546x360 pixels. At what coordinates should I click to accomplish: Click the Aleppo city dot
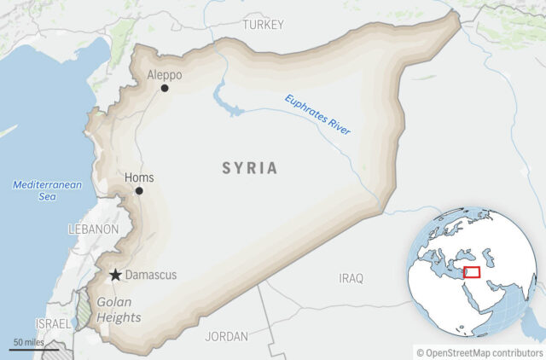pyautogui.click(x=165, y=88)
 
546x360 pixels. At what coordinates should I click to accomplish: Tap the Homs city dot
pyautogui.click(x=139, y=190)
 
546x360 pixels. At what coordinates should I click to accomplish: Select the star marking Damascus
pyautogui.click(x=115, y=275)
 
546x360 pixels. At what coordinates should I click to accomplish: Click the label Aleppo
pyautogui.click(x=164, y=74)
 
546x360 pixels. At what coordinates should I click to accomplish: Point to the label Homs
pyautogui.click(x=139, y=177)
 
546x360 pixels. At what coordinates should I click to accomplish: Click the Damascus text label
pyautogui.click(x=151, y=276)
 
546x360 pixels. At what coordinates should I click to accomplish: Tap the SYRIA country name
pyautogui.click(x=250, y=168)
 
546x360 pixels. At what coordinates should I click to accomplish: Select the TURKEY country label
pyautogui.click(x=262, y=25)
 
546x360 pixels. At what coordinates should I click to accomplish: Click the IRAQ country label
pyautogui.click(x=351, y=278)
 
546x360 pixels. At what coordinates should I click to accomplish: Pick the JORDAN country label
pyautogui.click(x=226, y=336)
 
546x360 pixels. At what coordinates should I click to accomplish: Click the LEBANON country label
pyautogui.click(x=93, y=229)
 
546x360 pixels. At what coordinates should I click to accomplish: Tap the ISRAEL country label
pyautogui.click(x=53, y=325)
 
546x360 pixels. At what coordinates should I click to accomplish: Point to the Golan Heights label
pyautogui.click(x=119, y=310)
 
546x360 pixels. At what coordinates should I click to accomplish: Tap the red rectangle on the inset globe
pyautogui.click(x=472, y=273)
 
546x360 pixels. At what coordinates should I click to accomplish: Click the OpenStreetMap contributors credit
pyautogui.click(x=479, y=351)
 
